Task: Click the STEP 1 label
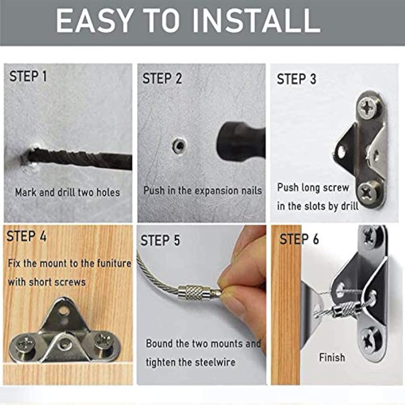point(28,77)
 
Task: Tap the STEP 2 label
point(162,78)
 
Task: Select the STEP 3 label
point(296,79)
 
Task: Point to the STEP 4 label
point(27,236)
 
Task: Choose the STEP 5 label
point(160,240)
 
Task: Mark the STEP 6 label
point(299,239)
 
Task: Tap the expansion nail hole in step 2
point(179,145)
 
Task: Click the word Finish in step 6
point(332,358)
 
